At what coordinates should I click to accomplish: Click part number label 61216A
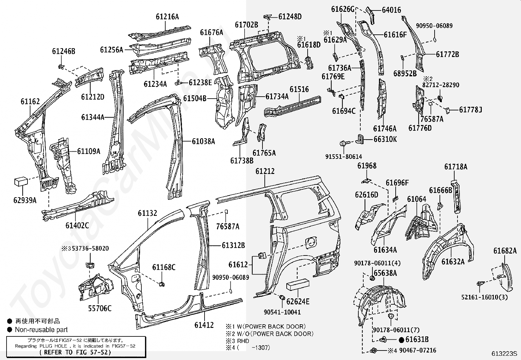point(167,17)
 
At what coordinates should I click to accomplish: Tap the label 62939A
point(25,200)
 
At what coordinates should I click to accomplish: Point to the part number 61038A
point(203,142)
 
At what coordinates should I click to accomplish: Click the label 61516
point(299,89)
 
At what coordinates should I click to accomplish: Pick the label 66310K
point(385,139)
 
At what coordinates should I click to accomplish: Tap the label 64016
point(391,10)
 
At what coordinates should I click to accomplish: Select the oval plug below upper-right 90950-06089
point(435,40)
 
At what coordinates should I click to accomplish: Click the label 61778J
point(470,110)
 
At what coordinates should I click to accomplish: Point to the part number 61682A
point(505,251)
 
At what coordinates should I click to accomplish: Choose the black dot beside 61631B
point(402,340)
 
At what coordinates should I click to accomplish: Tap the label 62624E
point(298,301)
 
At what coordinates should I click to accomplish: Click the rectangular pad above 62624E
point(298,284)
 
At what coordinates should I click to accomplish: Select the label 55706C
point(100,308)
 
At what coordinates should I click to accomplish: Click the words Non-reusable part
point(41,330)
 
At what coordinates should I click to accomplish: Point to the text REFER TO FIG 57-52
point(75,352)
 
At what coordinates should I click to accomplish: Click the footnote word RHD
point(243,341)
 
